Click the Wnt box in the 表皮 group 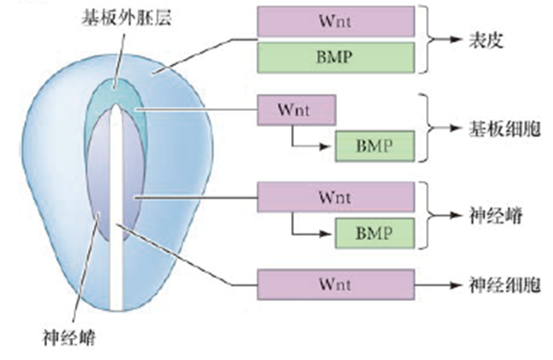click(336, 19)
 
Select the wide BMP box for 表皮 click(336, 58)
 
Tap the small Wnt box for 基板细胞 click(296, 110)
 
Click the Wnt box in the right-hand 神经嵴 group click(336, 196)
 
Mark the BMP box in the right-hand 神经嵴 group click(374, 233)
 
